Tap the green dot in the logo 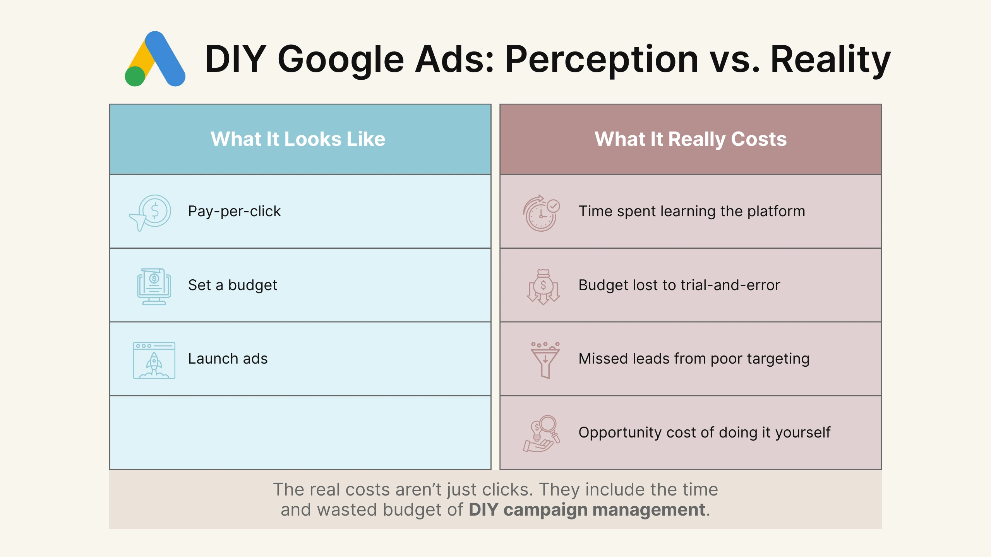coord(135,76)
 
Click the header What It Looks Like coord(298,139)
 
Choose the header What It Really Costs coord(691,139)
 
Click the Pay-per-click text coord(234,211)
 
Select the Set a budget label coord(233,285)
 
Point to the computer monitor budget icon coord(154,286)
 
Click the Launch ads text coord(228,359)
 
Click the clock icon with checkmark coord(542,213)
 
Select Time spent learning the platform coord(691,211)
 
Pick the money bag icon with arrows coord(543,287)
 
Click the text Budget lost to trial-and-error coord(679,285)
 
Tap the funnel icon coord(545,360)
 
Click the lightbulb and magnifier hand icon coord(542,434)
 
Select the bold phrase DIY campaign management coord(587,509)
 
